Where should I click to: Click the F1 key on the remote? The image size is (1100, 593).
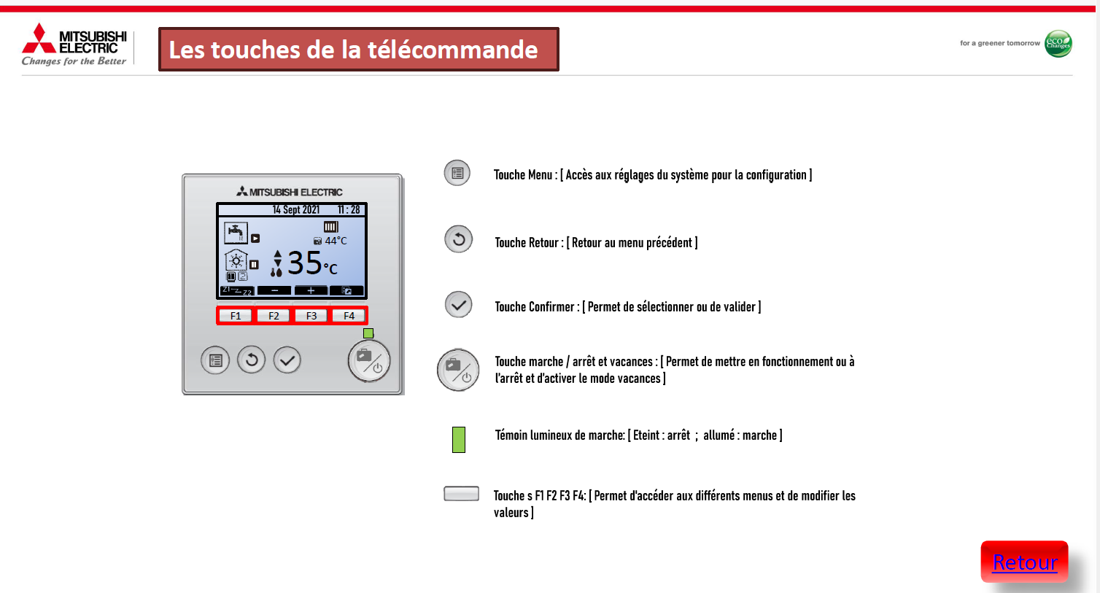(x=235, y=316)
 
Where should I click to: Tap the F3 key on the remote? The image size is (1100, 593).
(x=311, y=316)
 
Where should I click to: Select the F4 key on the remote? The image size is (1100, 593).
(x=349, y=316)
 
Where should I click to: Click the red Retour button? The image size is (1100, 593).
(x=1024, y=562)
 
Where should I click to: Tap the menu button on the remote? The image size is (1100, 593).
(x=215, y=360)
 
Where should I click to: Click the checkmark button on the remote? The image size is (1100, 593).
(x=287, y=360)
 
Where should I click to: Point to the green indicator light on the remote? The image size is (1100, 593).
(x=368, y=333)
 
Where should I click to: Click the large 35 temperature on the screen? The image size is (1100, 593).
(x=304, y=263)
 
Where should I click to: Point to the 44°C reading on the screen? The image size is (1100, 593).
(x=336, y=241)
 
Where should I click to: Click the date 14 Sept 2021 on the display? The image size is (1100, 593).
(x=296, y=209)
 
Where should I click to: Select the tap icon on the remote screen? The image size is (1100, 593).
(x=236, y=232)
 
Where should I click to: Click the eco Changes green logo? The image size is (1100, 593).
(x=1058, y=44)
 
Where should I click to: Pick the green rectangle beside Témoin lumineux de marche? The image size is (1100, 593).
(x=459, y=439)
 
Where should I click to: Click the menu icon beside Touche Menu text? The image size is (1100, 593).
(x=457, y=173)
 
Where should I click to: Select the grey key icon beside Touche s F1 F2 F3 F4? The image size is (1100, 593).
(x=461, y=493)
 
